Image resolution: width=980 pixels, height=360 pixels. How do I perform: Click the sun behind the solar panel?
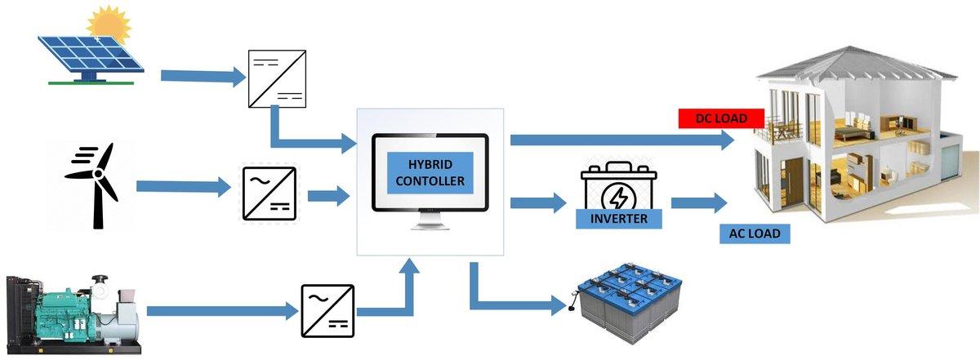(x=109, y=24)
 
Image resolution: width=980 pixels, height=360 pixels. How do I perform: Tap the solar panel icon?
(x=91, y=60)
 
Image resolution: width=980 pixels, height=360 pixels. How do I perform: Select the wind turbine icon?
(x=95, y=185)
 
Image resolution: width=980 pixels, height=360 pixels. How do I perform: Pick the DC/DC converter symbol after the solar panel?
(x=277, y=78)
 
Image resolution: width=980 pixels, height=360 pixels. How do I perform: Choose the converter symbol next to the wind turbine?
(x=269, y=193)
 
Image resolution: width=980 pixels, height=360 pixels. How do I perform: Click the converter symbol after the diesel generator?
(x=327, y=310)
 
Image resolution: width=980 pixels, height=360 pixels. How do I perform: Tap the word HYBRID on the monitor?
(x=430, y=164)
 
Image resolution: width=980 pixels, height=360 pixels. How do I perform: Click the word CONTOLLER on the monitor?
(x=430, y=180)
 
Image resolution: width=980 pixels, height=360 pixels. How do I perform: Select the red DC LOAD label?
(x=721, y=118)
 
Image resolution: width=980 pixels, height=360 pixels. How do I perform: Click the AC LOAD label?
(x=755, y=233)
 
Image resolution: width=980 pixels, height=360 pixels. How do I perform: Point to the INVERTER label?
(x=619, y=218)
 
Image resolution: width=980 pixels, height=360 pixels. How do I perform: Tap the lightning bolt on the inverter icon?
(x=617, y=198)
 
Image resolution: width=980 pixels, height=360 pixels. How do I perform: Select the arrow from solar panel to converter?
(x=203, y=76)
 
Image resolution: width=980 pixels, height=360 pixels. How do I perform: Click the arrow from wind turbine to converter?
(x=183, y=187)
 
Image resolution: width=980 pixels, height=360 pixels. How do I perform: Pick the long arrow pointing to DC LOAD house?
(x=622, y=140)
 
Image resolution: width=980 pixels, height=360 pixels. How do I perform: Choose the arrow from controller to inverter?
(x=538, y=202)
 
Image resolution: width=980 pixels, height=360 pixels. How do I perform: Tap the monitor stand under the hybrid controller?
(x=430, y=220)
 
